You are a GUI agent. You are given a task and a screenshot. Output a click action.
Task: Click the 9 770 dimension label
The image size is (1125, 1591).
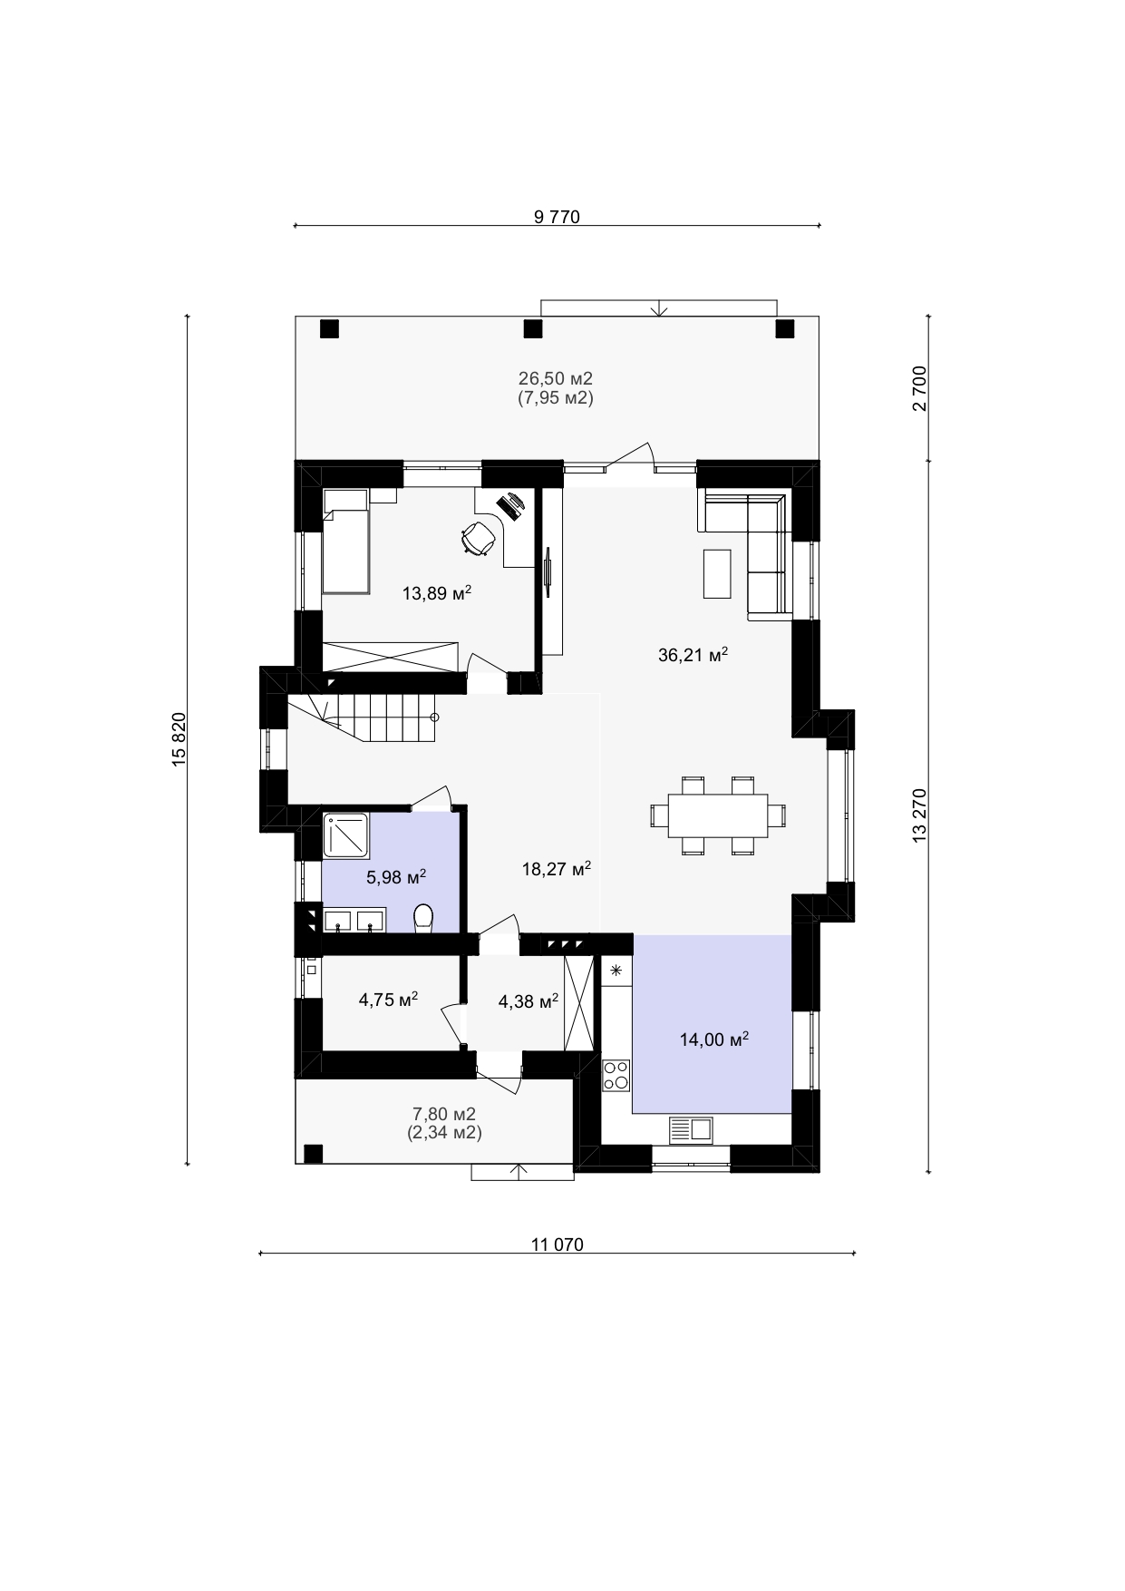coord(557,217)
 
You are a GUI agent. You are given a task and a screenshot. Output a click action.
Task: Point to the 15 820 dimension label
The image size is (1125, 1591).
coord(179,739)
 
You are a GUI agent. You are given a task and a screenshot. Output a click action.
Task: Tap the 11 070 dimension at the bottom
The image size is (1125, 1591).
coord(558,1244)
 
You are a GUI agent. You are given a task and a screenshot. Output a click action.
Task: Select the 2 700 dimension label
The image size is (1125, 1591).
coord(920,388)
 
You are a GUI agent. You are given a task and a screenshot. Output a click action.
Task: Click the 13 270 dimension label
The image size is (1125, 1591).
coord(920,815)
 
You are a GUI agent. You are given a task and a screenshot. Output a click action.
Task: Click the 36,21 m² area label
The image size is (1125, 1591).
coord(693,655)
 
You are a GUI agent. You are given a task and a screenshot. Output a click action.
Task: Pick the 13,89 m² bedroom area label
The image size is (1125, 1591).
coord(437,593)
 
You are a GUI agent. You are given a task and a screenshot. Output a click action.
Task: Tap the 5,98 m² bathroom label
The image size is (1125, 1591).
coord(396,877)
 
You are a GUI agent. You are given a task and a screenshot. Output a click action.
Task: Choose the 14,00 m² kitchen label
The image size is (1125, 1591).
coord(714,1040)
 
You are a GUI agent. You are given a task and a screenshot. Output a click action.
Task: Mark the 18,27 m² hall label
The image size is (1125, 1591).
coord(557,869)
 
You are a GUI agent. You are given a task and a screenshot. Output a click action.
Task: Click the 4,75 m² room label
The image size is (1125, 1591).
coord(388,1000)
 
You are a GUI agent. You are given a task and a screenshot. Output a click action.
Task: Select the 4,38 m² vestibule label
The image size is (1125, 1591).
coord(529,1001)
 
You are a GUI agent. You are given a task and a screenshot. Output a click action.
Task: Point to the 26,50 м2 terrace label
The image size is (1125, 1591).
coord(556,378)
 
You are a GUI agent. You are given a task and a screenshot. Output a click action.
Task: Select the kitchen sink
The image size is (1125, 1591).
coord(692,1129)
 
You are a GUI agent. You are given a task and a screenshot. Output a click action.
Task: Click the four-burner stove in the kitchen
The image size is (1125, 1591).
coord(616,1075)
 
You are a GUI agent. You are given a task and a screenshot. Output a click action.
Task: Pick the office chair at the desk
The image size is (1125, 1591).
coord(479,538)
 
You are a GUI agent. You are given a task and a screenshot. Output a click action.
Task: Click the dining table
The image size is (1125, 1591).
coord(718,815)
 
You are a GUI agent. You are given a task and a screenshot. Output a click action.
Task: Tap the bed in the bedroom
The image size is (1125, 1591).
coord(345,541)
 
